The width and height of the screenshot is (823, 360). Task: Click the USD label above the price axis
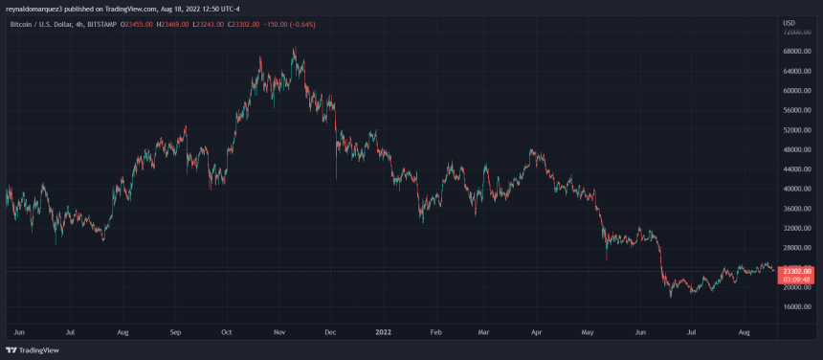pyautogui.click(x=789, y=22)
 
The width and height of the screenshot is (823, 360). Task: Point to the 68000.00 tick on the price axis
pyautogui.click(x=796, y=51)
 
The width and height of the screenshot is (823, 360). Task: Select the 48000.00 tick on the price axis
pyautogui.click(x=796, y=149)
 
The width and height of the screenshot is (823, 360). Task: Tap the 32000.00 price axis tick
pyautogui.click(x=796, y=228)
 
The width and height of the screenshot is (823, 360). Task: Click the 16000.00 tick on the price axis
pyautogui.click(x=796, y=306)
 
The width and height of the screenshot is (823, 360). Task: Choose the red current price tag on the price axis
pyautogui.click(x=797, y=271)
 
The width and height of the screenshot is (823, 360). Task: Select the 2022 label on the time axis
pyautogui.click(x=383, y=332)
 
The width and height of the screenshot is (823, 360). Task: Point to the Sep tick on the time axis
pyautogui.click(x=174, y=332)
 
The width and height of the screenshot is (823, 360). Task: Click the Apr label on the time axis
pyautogui.click(x=538, y=332)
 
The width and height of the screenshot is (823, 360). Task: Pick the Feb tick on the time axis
pyautogui.click(x=435, y=332)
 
